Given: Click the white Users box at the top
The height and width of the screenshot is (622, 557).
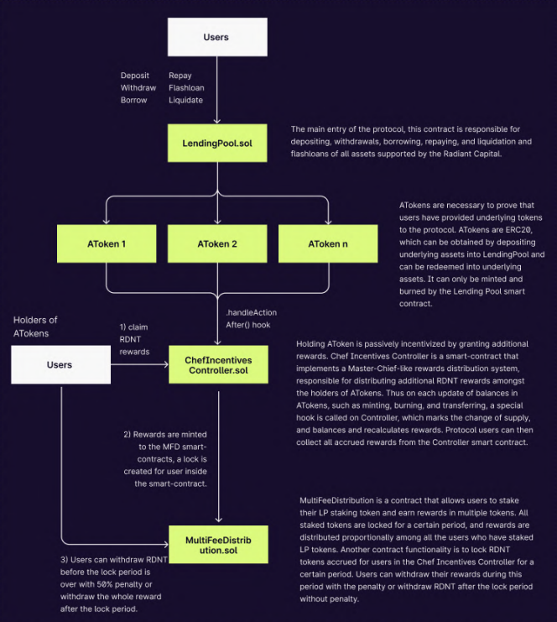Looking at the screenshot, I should (x=217, y=38).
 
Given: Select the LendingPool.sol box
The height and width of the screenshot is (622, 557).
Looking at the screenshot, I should (x=217, y=144).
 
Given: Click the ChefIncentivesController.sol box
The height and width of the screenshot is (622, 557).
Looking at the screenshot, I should (x=217, y=365).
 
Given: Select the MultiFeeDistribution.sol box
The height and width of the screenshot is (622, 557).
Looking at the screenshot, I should (x=217, y=543).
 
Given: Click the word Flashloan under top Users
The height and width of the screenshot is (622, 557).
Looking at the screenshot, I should (x=186, y=88).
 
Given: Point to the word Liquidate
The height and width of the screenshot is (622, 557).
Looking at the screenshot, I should (x=185, y=101).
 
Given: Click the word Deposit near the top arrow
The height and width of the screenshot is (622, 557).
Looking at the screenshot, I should (x=135, y=76).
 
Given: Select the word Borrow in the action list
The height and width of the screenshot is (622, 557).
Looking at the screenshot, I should (x=133, y=101).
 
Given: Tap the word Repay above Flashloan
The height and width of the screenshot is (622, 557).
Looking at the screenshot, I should (x=180, y=76).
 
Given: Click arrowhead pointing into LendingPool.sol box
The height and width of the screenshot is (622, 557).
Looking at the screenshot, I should (x=217, y=120).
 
